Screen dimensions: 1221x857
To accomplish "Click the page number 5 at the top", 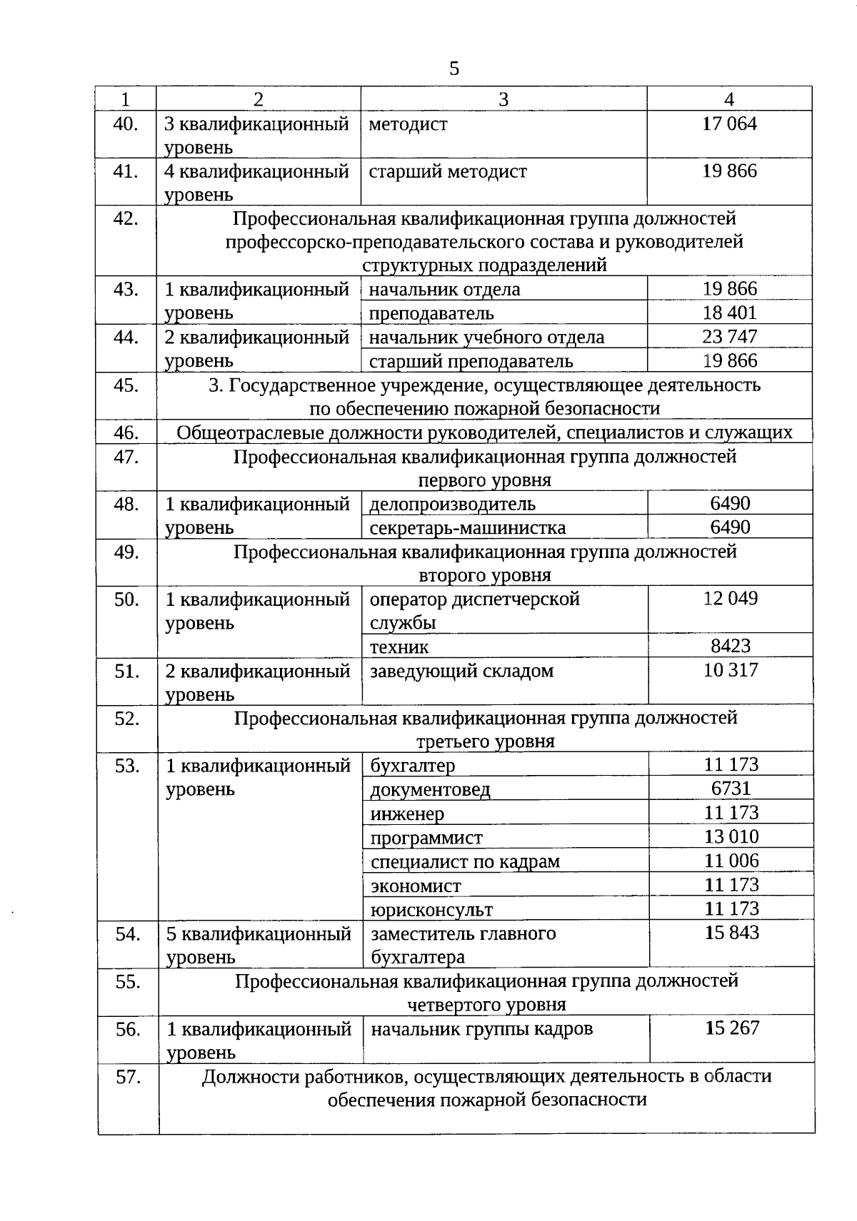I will click(454, 69).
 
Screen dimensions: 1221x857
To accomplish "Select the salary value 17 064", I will click(729, 123).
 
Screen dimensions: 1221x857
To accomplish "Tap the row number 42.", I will click(126, 218).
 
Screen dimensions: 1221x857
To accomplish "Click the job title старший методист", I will click(448, 171).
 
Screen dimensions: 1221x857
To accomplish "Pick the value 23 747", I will click(729, 336).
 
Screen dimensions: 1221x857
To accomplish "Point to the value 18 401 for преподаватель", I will click(729, 313).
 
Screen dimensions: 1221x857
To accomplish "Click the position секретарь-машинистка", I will click(468, 527).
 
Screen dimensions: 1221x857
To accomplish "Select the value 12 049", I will click(730, 598).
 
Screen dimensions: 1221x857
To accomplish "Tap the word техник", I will click(399, 647).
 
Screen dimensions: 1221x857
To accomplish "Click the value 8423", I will click(730, 646).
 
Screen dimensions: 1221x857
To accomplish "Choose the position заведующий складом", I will click(461, 671).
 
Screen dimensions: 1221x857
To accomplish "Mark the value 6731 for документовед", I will click(731, 789).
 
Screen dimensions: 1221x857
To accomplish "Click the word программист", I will click(426, 837).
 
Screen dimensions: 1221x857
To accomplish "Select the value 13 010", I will click(731, 836).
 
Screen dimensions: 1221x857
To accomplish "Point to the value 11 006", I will click(731, 861).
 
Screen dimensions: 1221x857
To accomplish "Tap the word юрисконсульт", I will click(431, 910).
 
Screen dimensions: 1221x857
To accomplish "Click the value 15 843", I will click(731, 933).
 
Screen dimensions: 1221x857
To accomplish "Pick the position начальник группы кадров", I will click(481, 1029).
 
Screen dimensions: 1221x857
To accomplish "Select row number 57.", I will click(128, 1077).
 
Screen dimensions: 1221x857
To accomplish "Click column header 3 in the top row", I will click(503, 99).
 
